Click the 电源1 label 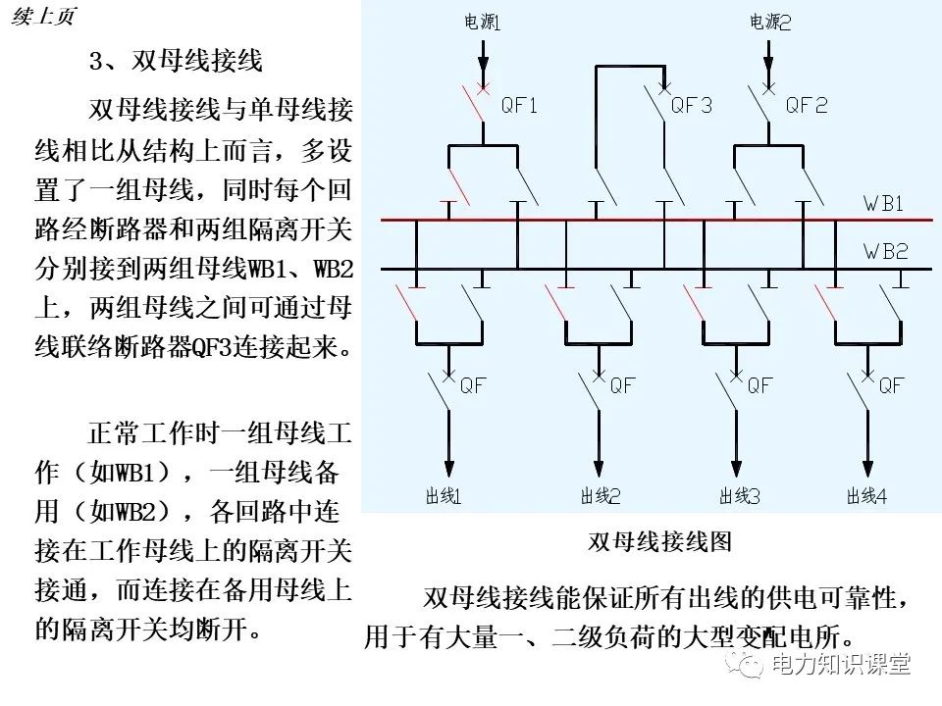(482, 22)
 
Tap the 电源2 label (770, 22)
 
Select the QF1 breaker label (519, 106)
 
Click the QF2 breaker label (807, 106)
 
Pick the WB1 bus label (884, 205)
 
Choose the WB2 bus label (885, 252)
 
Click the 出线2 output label (601, 496)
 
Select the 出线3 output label (741, 496)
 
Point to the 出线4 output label (867, 496)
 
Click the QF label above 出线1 (474, 385)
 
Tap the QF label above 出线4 (890, 385)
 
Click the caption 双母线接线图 (658, 541)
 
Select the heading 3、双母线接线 (177, 61)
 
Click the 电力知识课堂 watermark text (841, 665)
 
